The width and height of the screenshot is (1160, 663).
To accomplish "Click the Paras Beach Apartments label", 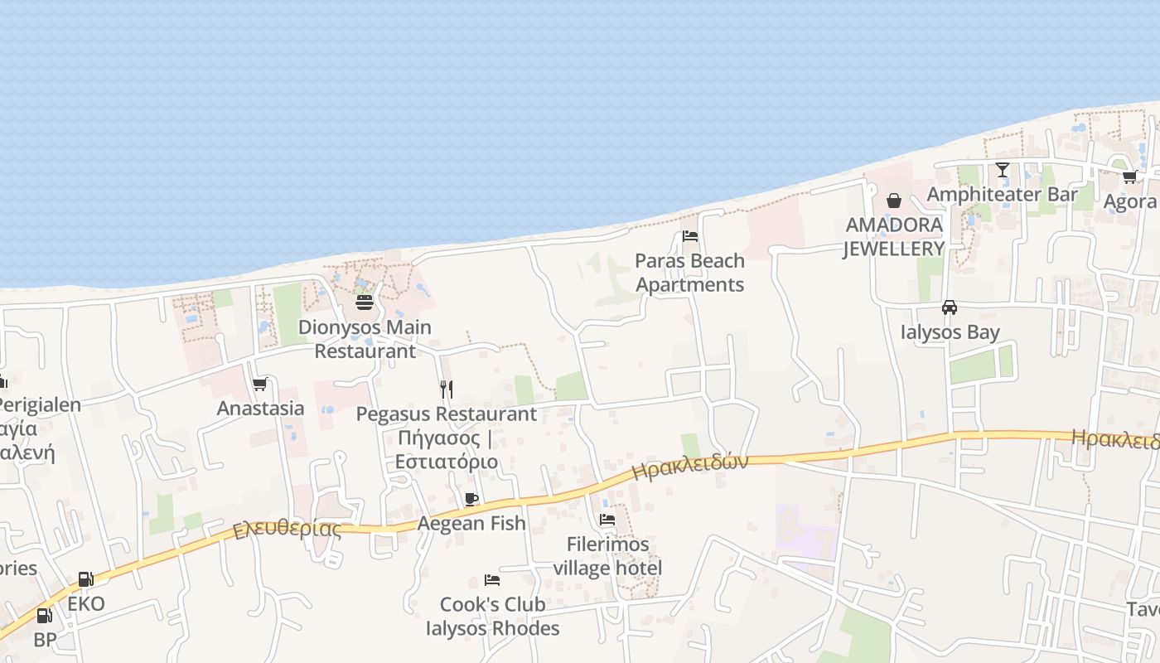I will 689,273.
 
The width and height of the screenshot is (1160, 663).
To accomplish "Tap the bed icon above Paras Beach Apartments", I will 689,236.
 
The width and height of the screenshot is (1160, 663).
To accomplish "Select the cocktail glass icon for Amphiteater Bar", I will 1003,170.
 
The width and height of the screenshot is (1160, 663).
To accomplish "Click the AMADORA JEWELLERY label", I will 894,236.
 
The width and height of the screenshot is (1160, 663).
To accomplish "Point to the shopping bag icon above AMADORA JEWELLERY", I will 894,201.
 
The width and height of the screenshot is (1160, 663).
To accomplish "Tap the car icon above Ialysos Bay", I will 950,307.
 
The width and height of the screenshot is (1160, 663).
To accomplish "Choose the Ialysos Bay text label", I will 950,332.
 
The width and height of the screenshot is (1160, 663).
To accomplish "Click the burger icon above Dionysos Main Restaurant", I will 365,302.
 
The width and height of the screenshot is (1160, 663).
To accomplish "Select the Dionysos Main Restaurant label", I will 365,339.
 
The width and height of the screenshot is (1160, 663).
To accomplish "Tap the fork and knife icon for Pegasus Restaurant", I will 447,389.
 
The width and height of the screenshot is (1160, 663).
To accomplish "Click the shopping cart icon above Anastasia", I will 260,384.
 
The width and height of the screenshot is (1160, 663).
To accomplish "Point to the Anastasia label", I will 260,409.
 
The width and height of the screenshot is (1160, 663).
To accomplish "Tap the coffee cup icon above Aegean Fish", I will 471,499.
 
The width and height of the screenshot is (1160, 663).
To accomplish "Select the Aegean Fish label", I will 471,523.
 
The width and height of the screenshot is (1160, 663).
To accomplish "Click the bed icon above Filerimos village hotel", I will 607,520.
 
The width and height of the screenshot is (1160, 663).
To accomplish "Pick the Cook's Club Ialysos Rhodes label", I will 492,617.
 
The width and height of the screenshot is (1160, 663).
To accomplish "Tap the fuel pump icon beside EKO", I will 85,579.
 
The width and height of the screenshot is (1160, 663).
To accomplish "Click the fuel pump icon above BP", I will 45,616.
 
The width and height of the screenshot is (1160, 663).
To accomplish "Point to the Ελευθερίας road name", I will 287,529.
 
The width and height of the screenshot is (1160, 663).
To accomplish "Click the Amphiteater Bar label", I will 1003,195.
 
